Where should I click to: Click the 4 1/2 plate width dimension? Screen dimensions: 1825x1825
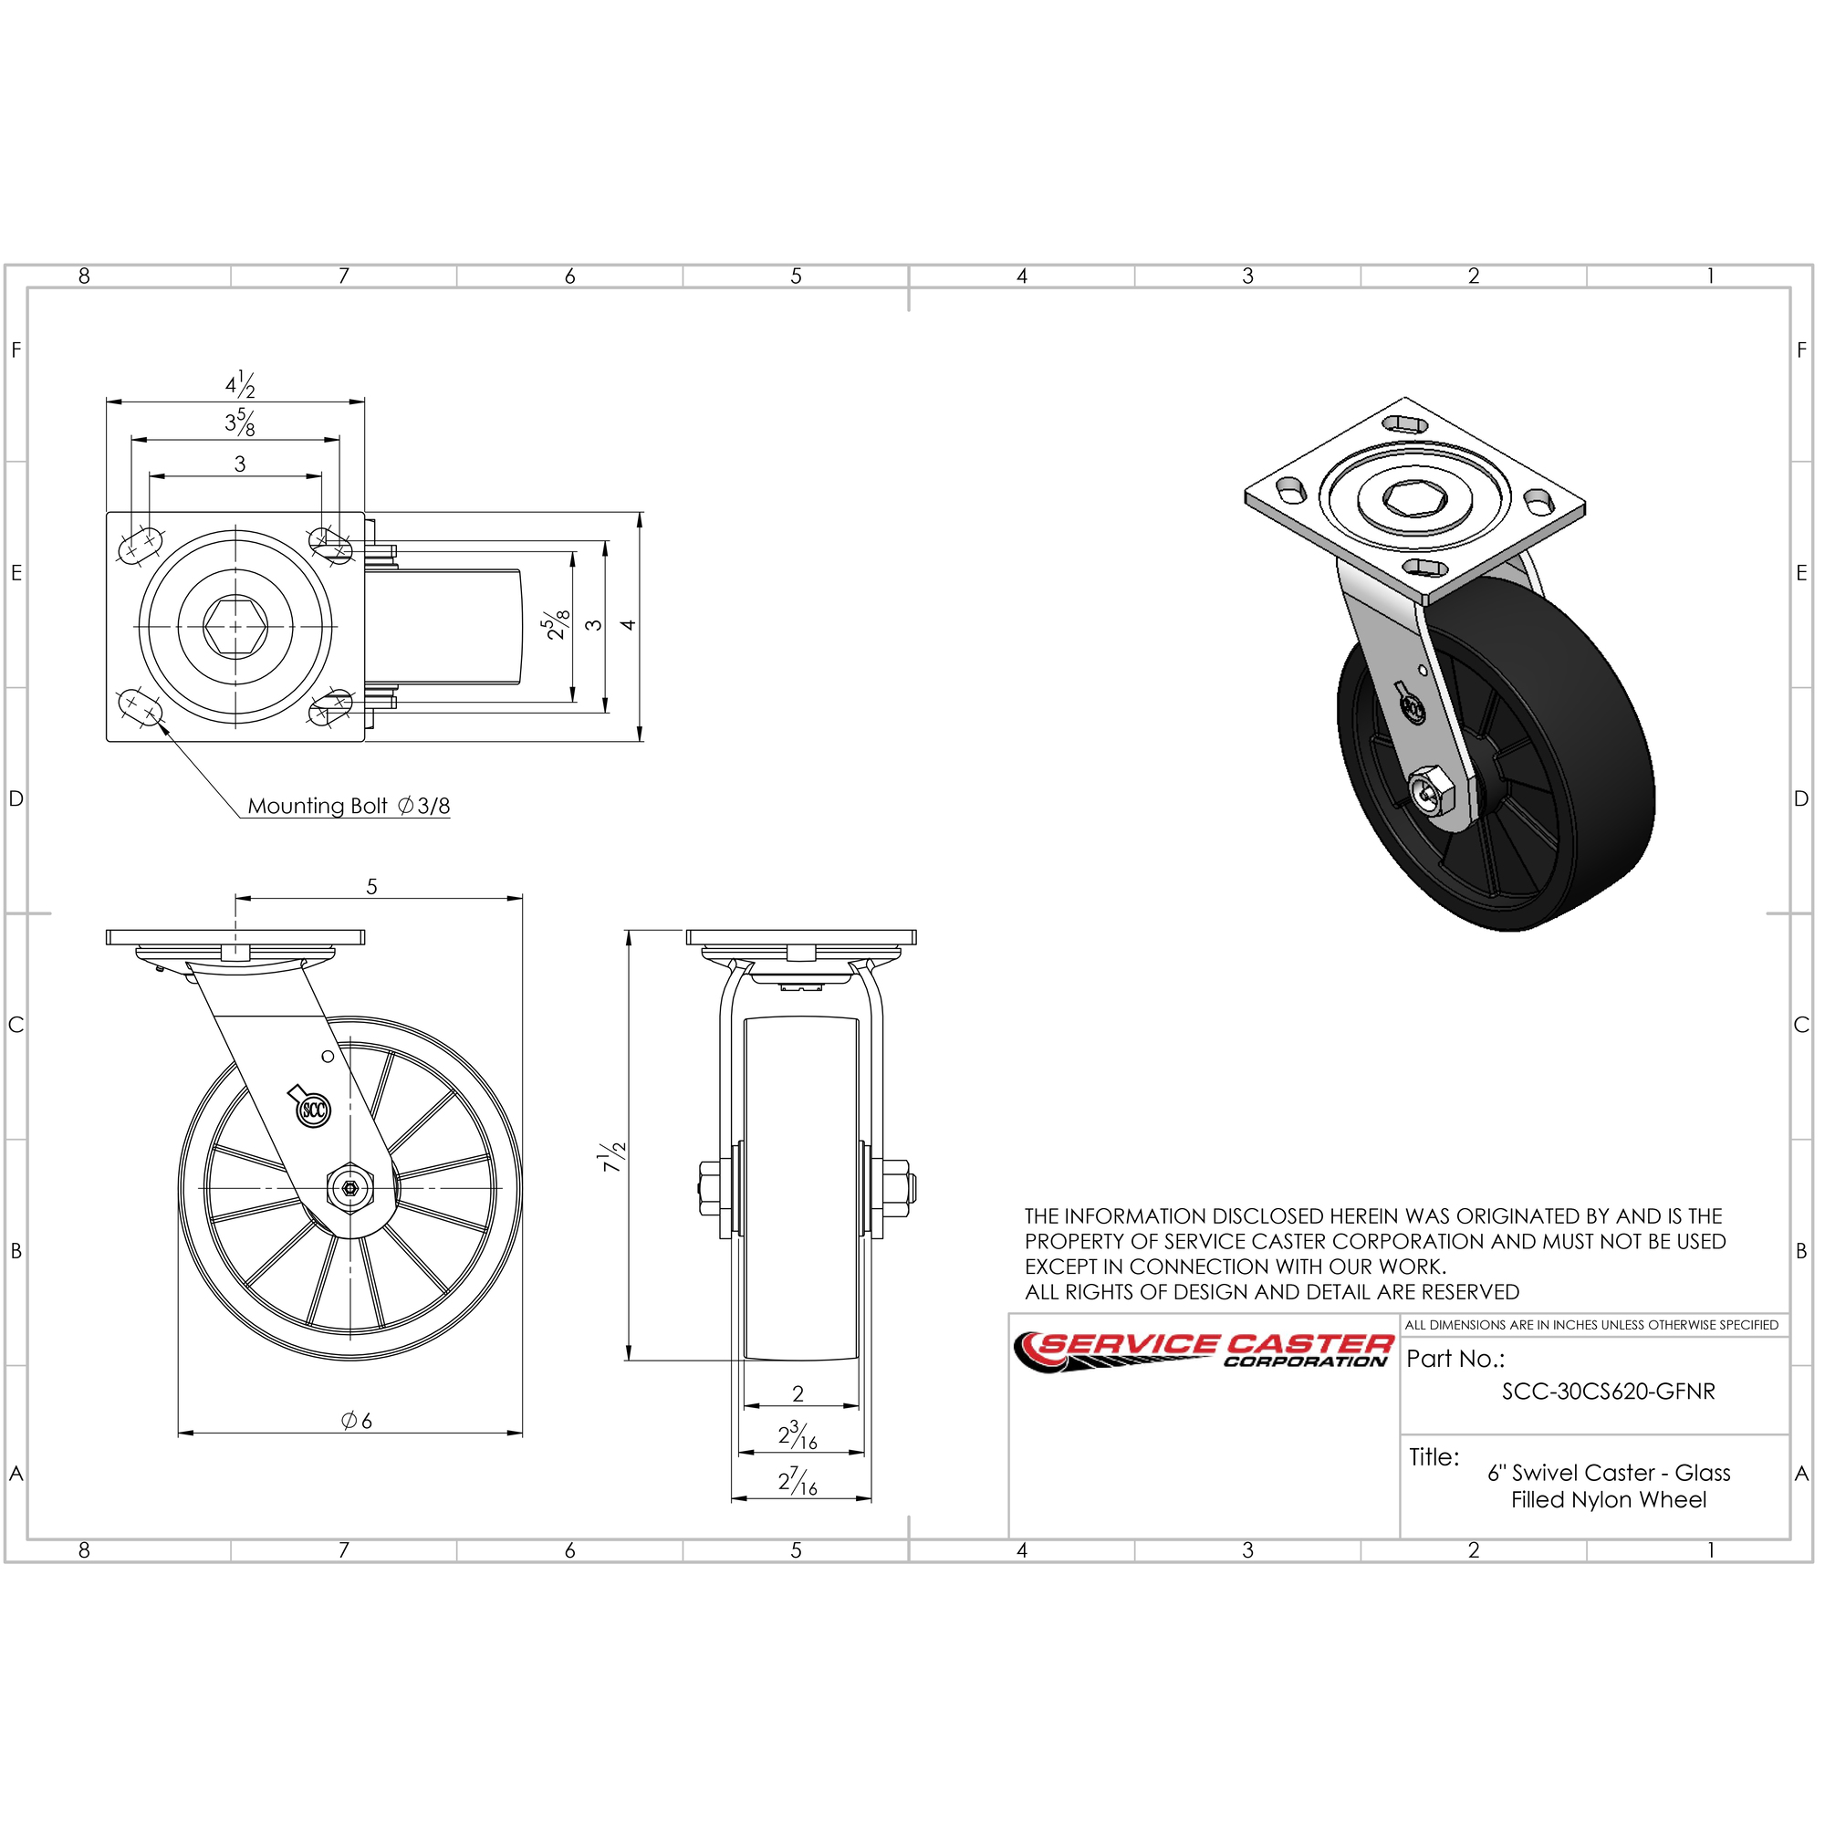click(240, 384)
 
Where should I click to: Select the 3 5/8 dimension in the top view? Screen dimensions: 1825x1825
click(240, 422)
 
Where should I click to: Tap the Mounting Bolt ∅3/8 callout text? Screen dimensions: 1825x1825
click(349, 806)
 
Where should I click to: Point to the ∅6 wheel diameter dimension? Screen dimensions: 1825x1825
click(357, 1420)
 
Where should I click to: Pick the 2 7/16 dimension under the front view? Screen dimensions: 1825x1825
click(798, 1482)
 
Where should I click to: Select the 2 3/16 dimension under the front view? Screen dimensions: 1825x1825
click(798, 1435)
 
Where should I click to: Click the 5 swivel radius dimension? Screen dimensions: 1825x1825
click(372, 887)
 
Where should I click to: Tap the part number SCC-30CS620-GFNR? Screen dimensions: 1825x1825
click(1609, 1392)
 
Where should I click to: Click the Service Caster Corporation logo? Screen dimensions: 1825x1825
click(1204, 1351)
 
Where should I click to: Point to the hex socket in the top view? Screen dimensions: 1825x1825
click(235, 626)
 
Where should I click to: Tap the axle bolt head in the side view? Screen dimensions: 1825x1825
click(349, 1187)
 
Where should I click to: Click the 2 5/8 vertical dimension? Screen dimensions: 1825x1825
click(558, 624)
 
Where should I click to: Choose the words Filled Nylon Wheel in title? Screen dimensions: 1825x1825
click(1609, 1500)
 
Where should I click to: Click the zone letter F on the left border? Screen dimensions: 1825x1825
click(16, 349)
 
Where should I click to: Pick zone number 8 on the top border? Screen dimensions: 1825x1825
click(84, 276)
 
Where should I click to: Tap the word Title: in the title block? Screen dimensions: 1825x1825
click(1434, 1456)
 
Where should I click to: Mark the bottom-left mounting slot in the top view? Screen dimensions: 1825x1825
click(139, 706)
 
